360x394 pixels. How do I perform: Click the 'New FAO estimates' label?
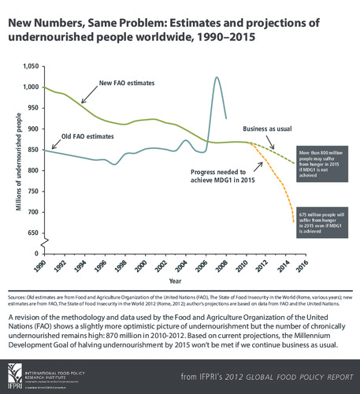click(x=130, y=83)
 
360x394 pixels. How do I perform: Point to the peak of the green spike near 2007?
click(x=217, y=77)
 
